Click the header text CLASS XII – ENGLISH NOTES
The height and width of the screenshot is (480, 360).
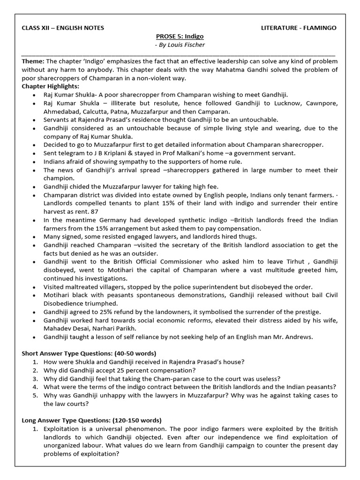click(63, 28)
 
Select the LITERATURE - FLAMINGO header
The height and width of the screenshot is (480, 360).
click(299, 28)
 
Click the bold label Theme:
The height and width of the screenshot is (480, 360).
click(33, 61)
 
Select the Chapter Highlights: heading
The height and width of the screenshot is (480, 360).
click(51, 86)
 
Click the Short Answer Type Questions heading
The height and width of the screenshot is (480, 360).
click(89, 353)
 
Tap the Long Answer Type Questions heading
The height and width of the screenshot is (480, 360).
click(91, 420)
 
